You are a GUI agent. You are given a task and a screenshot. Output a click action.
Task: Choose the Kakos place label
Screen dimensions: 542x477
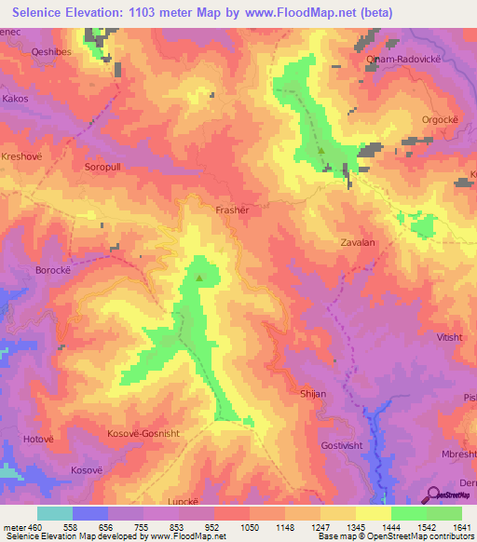pos(16,97)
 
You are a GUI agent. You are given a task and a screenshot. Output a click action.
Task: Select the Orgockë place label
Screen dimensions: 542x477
pos(416,119)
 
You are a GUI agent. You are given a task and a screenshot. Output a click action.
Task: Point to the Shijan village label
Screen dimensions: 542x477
pos(313,394)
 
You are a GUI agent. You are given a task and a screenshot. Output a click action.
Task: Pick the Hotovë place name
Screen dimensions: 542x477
pos(39,438)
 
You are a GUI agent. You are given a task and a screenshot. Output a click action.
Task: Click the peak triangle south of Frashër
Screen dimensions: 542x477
pos(198,277)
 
